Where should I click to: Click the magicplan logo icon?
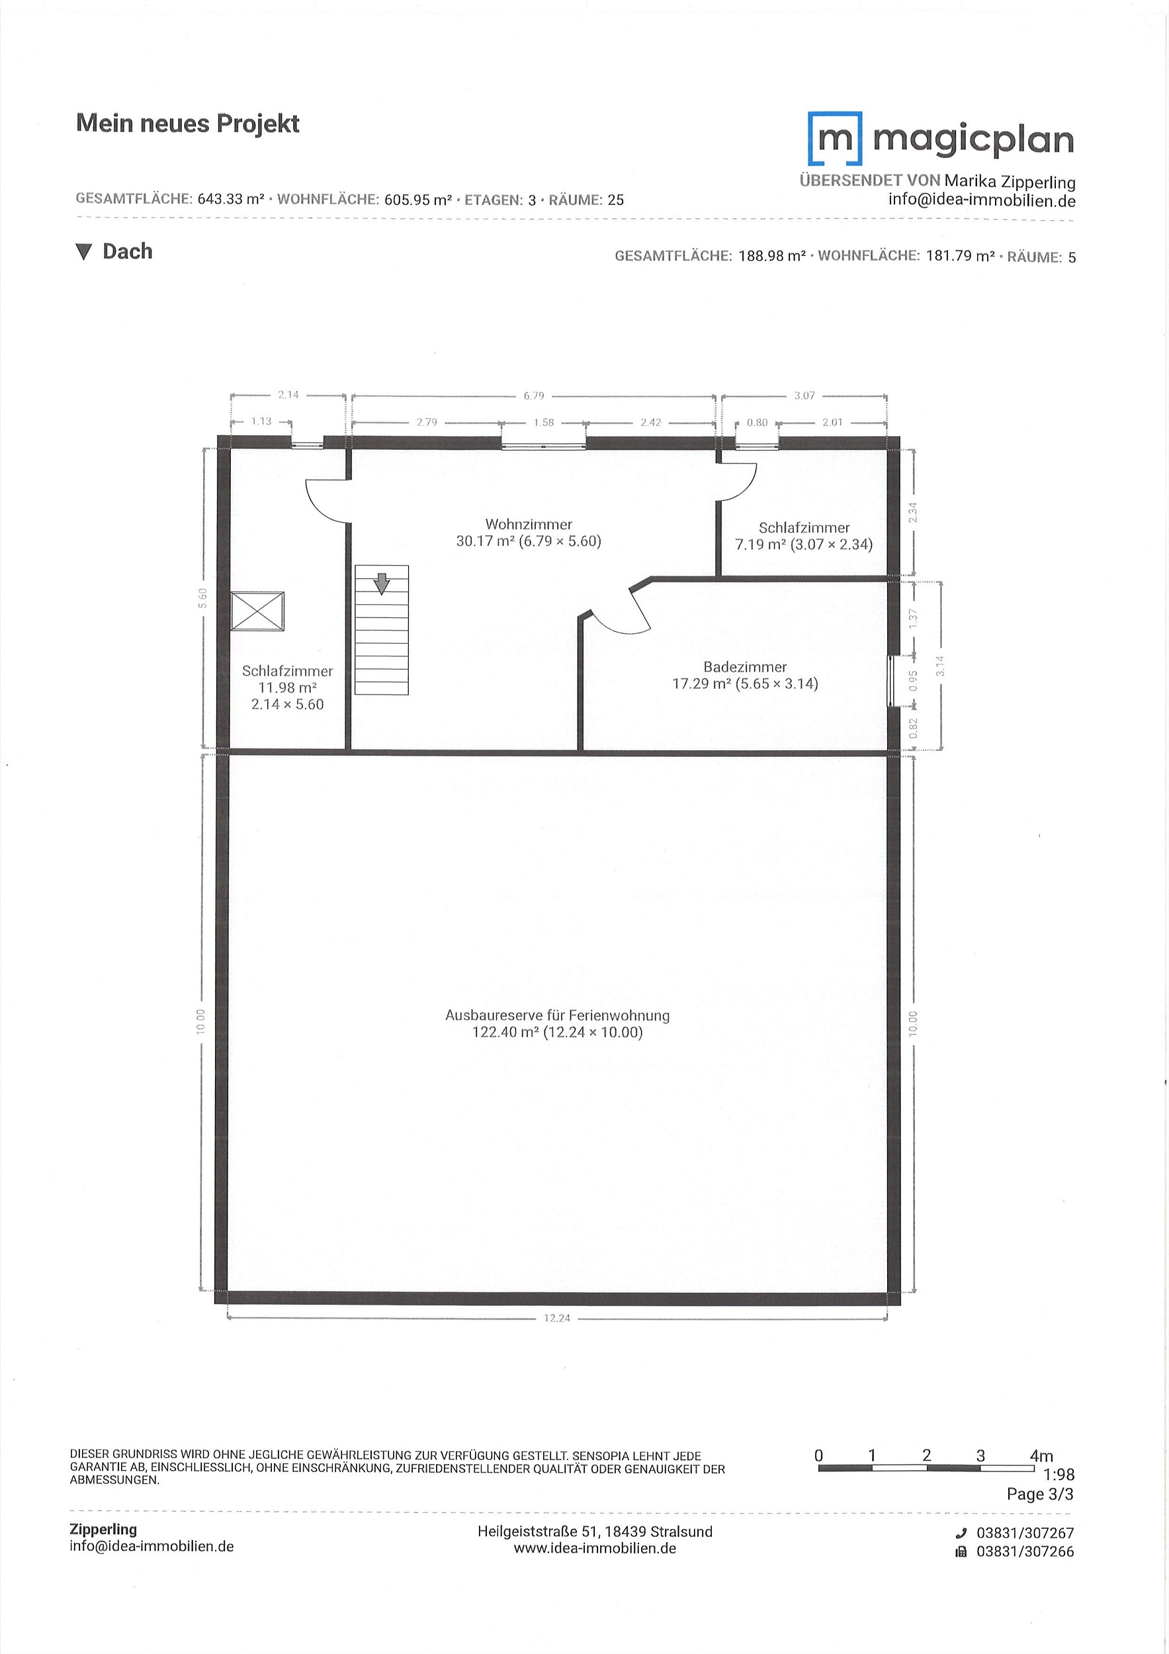pos(835,138)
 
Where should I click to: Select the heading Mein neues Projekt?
pos(187,123)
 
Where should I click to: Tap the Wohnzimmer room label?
pos(529,525)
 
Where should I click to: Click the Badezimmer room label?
pos(745,667)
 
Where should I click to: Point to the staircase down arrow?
pos(381,583)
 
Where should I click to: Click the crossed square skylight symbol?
pos(257,611)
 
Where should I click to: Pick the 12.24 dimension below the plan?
pos(557,1318)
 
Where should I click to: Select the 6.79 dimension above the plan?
pos(534,396)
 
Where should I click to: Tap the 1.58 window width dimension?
pos(544,422)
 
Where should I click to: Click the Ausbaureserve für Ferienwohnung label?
pos(558,1015)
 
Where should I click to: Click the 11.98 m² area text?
pos(287,687)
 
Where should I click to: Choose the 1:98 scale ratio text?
pos(1059,1475)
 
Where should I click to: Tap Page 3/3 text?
pos(1040,1494)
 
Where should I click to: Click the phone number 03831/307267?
pos(1025,1533)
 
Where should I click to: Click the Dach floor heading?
pos(128,251)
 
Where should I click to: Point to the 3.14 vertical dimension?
pos(940,666)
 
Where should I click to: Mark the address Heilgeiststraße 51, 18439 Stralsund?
pos(595,1532)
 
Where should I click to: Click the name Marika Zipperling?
pos(1010,181)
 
